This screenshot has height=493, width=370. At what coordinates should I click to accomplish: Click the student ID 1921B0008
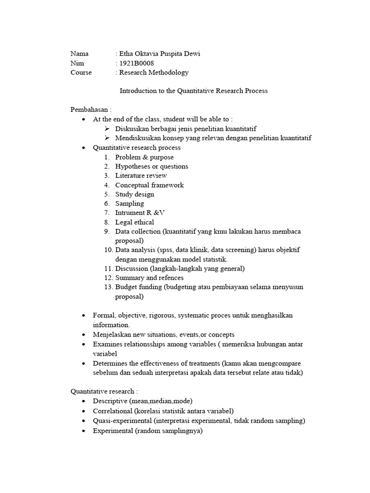coord(137,63)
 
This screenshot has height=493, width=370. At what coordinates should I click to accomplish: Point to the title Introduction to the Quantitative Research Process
coord(193,91)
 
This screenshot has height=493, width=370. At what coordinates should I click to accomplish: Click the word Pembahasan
coord(89,110)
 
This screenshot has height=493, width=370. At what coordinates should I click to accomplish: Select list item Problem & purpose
coord(145,157)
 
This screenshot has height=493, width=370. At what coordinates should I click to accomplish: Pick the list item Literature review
coord(141,176)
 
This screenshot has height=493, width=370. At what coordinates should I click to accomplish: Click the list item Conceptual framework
coord(149,185)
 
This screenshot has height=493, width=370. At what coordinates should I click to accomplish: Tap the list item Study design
coord(134,195)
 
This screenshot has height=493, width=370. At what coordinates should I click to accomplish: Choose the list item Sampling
coord(129,204)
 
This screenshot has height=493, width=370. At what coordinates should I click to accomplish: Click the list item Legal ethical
coord(134,222)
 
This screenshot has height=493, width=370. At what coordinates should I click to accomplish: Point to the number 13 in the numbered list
coord(107,287)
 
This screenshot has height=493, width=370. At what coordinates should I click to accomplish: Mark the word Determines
coord(111,363)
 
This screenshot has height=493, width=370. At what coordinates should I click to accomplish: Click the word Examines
coord(107,344)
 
